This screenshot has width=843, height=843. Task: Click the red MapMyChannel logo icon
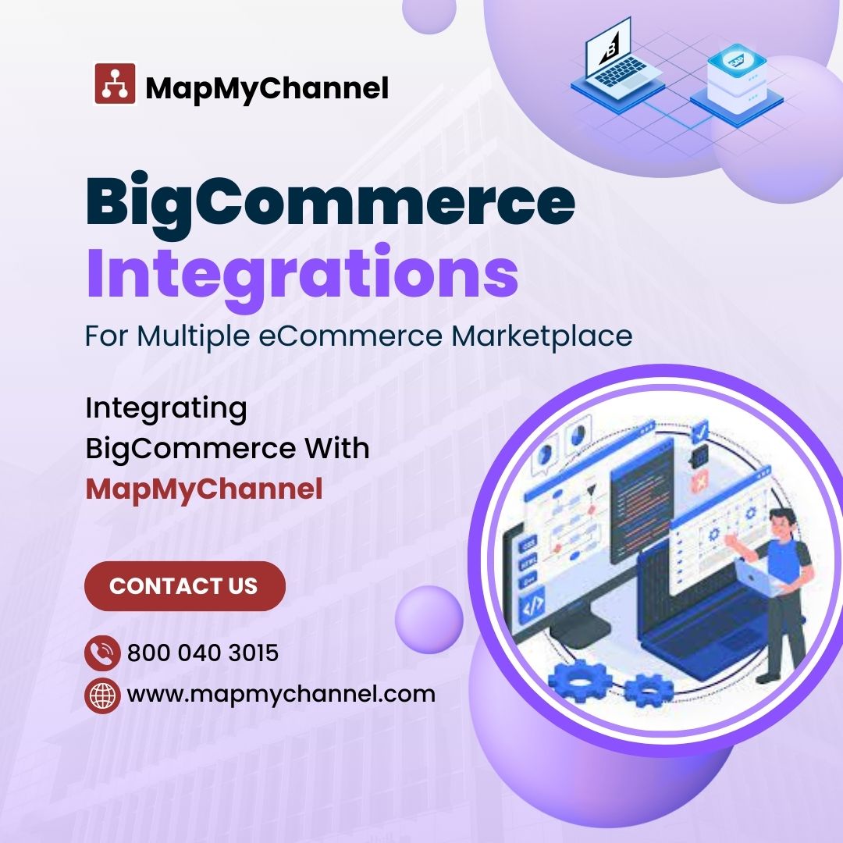click(116, 84)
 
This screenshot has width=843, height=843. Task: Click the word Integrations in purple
click(301, 271)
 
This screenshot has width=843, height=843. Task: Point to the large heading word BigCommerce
click(329, 201)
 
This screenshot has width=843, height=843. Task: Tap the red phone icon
click(102, 653)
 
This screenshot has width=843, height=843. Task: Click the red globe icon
click(102, 695)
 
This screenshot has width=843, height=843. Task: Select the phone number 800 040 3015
click(203, 653)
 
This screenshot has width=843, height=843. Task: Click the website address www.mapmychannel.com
click(281, 694)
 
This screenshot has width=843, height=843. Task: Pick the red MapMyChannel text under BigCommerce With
click(204, 489)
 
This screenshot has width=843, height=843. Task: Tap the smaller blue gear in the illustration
click(649, 689)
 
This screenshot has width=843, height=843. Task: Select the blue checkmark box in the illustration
click(701, 430)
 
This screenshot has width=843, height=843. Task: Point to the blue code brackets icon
click(533, 606)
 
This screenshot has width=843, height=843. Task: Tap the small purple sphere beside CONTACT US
click(429, 620)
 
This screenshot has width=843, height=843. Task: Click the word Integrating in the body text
click(165, 407)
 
